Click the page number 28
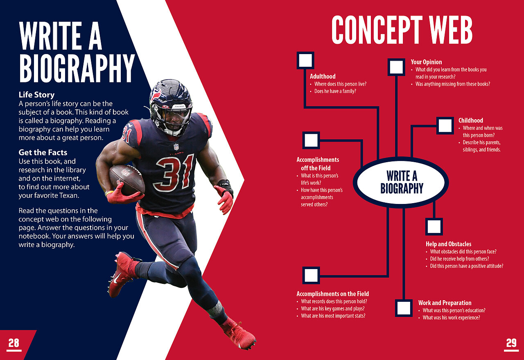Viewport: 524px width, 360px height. point(14,343)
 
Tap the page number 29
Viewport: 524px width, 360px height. point(511,343)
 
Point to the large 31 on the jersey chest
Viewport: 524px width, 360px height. point(174,173)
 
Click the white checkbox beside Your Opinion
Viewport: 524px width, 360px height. point(396,67)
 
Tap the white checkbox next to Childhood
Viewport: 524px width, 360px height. point(445,125)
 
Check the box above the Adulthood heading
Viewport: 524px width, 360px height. point(305,60)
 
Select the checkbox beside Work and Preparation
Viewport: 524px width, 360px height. point(404,308)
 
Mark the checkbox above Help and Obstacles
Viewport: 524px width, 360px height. point(434,226)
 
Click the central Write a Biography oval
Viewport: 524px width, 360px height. point(401,182)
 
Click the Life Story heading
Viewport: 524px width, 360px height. point(36,95)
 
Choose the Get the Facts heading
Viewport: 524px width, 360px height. point(43,152)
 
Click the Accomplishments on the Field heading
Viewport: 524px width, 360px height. point(333,294)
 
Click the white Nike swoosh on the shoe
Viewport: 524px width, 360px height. point(117,278)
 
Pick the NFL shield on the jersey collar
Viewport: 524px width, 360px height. point(176,147)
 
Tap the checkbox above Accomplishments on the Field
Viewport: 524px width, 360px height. point(311,275)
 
